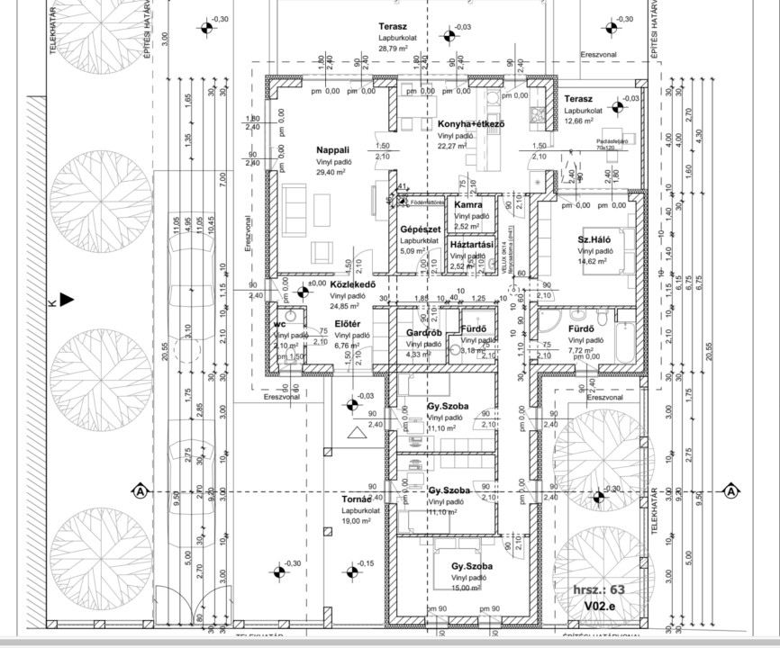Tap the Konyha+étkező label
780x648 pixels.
(x=470, y=123)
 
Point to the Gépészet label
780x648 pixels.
(x=419, y=229)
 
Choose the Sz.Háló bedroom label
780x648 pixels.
(x=595, y=239)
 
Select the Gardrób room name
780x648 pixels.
(x=424, y=332)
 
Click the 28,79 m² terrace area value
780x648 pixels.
(x=394, y=49)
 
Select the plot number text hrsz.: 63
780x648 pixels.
(x=599, y=590)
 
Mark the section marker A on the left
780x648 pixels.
(x=141, y=490)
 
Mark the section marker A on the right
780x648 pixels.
(x=731, y=490)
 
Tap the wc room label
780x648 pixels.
(x=280, y=323)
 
